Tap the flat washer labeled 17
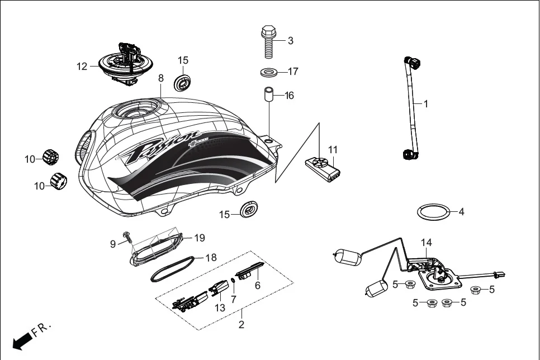(x=271, y=72)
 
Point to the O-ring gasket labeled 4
(x=434, y=212)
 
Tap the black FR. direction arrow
(x=21, y=339)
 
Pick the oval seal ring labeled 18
(x=174, y=269)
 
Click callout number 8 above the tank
(x=161, y=78)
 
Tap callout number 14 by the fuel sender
(x=427, y=243)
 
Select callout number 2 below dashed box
(x=241, y=324)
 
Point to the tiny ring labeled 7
(x=232, y=281)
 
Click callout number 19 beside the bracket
(x=200, y=238)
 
